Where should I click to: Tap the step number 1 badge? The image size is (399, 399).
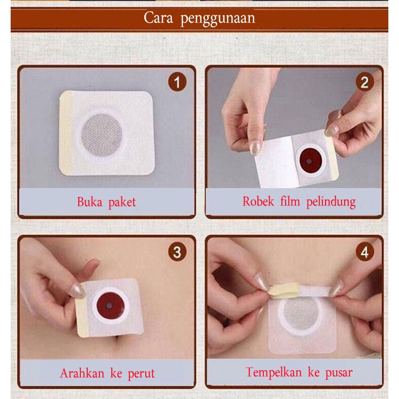177,83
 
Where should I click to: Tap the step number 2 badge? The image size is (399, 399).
364,82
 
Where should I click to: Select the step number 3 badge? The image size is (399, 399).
177,252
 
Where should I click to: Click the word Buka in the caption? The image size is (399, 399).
89,202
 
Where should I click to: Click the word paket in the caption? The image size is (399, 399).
121,203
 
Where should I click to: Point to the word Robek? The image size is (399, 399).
258,202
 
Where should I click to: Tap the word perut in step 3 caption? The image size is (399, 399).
141,374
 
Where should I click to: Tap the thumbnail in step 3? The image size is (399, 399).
78,290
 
